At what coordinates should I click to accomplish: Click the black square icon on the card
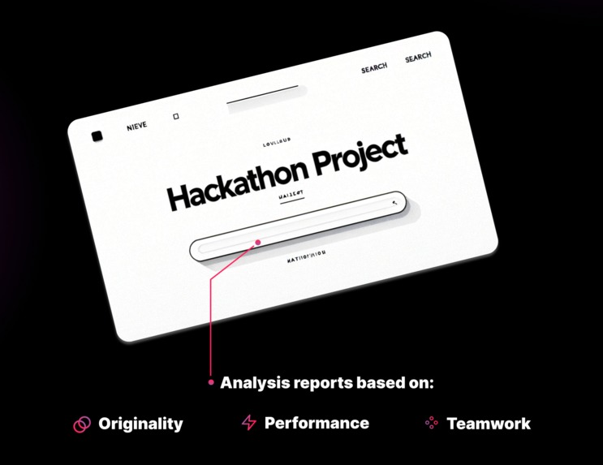coord(97,136)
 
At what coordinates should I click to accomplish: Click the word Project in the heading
coord(360,155)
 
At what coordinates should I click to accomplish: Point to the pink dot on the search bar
coord(258,242)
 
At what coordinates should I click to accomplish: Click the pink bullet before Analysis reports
coord(211,382)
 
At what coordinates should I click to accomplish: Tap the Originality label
coord(140,424)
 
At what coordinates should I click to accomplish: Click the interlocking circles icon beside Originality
coord(82,424)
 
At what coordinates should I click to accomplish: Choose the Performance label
coord(317,423)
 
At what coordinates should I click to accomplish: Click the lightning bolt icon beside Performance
coord(248,422)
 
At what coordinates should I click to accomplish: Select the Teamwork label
coord(489,424)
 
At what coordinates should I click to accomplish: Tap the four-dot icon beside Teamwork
coord(432,423)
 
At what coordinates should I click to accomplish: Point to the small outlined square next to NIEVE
coord(175,117)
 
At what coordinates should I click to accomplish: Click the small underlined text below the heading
coord(290,195)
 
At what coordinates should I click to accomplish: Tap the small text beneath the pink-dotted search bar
coord(306,254)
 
